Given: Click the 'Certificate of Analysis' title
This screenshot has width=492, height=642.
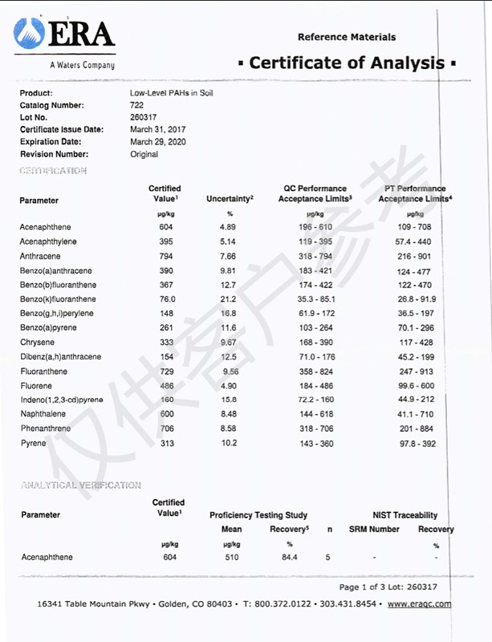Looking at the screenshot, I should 347,63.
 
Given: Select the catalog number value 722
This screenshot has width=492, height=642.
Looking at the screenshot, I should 136,105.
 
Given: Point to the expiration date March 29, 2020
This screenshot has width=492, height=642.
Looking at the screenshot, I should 157,141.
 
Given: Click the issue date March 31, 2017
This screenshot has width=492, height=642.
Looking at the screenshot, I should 157,129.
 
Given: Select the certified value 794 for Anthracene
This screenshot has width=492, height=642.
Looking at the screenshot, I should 166,256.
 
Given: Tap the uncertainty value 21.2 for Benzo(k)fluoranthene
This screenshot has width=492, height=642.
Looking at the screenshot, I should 230,299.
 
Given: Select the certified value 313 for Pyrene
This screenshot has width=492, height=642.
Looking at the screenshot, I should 166,443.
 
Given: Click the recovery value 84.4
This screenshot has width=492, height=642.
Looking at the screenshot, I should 289,557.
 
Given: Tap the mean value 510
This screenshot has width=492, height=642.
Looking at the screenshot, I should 232,557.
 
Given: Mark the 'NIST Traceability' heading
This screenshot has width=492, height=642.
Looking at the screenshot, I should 405,515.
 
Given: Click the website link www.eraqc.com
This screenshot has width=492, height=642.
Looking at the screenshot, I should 419,604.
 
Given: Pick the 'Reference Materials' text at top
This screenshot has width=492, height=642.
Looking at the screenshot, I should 346,37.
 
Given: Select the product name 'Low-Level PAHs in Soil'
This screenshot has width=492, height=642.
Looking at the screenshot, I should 172,93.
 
